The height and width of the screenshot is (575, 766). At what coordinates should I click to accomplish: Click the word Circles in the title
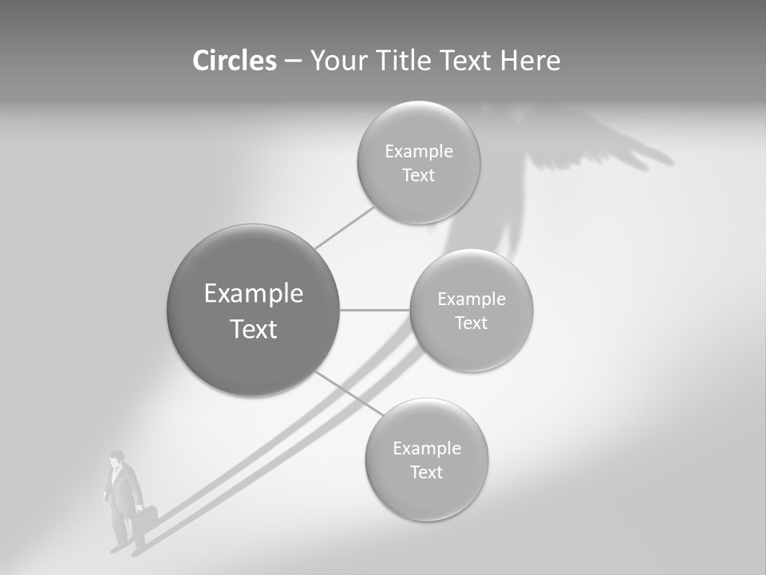pos(234,61)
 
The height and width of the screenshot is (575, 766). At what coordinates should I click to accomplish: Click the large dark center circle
pos(254,310)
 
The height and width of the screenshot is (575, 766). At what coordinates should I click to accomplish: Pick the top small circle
pos(418,162)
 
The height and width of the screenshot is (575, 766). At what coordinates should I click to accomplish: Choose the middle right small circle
pos(471,310)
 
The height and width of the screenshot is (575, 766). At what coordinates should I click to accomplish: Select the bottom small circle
pos(426,459)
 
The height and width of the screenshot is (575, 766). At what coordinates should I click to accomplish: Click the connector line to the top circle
pos(345,227)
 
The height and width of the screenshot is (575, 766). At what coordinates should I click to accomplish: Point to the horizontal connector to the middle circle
pos(374,310)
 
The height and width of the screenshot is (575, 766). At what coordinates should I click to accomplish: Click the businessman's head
pos(118,458)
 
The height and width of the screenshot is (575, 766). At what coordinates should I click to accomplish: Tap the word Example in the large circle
pos(254,294)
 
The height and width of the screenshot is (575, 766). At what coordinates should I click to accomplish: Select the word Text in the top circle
pos(418,176)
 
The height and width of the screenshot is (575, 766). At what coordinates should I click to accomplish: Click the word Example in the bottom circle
pos(426,448)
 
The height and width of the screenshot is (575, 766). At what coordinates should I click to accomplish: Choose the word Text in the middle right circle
pos(471,323)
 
